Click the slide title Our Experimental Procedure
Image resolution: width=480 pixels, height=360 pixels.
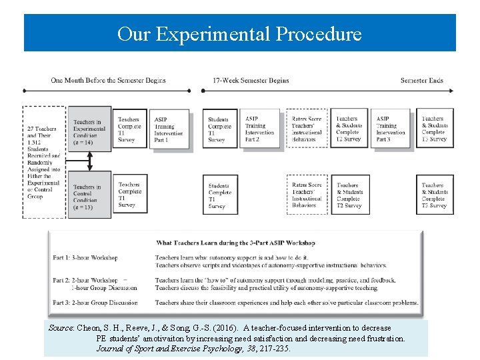tap(239, 33)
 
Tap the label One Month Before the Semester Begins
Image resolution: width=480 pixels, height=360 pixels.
tap(108, 81)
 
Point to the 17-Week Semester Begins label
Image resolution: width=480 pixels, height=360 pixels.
tap(251, 81)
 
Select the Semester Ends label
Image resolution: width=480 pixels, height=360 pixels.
tap(421, 81)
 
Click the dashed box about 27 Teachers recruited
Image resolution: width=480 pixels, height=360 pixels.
tap(43, 162)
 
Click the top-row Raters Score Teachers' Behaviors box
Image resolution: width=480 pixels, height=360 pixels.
tap(306, 129)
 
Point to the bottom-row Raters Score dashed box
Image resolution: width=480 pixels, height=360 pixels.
tap(306, 195)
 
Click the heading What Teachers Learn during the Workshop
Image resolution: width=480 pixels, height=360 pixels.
tap(235, 243)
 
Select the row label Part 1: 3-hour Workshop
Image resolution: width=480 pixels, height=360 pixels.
tap(85, 257)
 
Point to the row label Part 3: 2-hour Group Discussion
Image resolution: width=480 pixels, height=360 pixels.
tap(95, 303)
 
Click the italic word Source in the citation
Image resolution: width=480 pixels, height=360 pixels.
tap(61, 328)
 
